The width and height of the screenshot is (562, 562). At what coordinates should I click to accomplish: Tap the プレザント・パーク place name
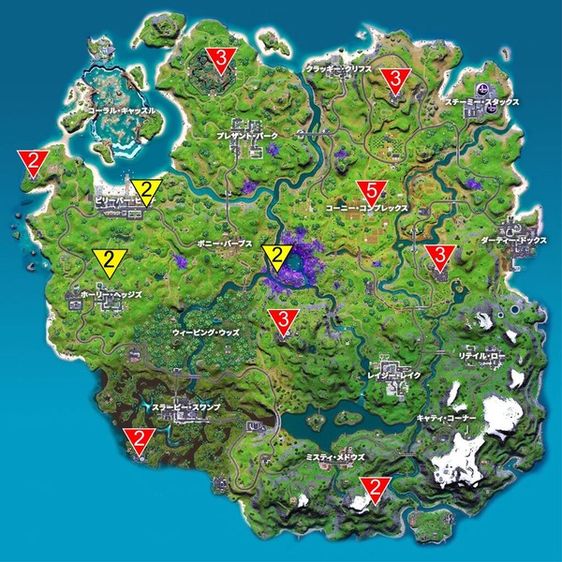[x=247, y=136]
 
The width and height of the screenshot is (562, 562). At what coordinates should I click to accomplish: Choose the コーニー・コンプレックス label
[x=364, y=208]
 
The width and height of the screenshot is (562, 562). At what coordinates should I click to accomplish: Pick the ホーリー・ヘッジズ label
[x=111, y=294]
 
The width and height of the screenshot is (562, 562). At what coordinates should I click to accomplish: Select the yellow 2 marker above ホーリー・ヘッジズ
[x=111, y=259]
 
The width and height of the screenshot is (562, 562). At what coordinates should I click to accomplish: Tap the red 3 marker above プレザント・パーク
[x=220, y=58]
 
